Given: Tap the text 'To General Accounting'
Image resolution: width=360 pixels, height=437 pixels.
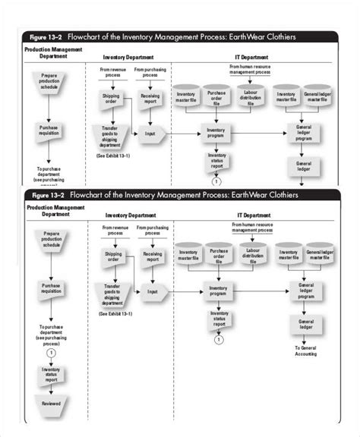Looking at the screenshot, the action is click(x=305, y=351).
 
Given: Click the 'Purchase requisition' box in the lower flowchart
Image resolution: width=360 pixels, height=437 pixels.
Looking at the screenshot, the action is click(x=51, y=289).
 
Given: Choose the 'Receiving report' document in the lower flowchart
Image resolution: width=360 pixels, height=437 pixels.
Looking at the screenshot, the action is click(x=152, y=256).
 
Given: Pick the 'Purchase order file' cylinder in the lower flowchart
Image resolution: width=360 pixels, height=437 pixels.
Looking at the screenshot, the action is click(x=220, y=255).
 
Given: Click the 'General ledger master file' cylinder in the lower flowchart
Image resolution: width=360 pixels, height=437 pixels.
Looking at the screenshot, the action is click(x=319, y=255).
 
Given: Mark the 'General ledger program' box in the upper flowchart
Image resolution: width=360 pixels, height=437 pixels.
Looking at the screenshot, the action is click(x=304, y=134).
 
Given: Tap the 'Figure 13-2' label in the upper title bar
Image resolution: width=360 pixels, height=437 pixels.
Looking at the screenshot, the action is click(x=44, y=36).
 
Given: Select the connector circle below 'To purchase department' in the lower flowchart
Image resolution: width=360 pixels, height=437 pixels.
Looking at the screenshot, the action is click(x=51, y=352).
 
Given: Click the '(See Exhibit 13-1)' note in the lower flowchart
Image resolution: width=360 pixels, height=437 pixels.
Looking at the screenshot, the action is click(x=115, y=313).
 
